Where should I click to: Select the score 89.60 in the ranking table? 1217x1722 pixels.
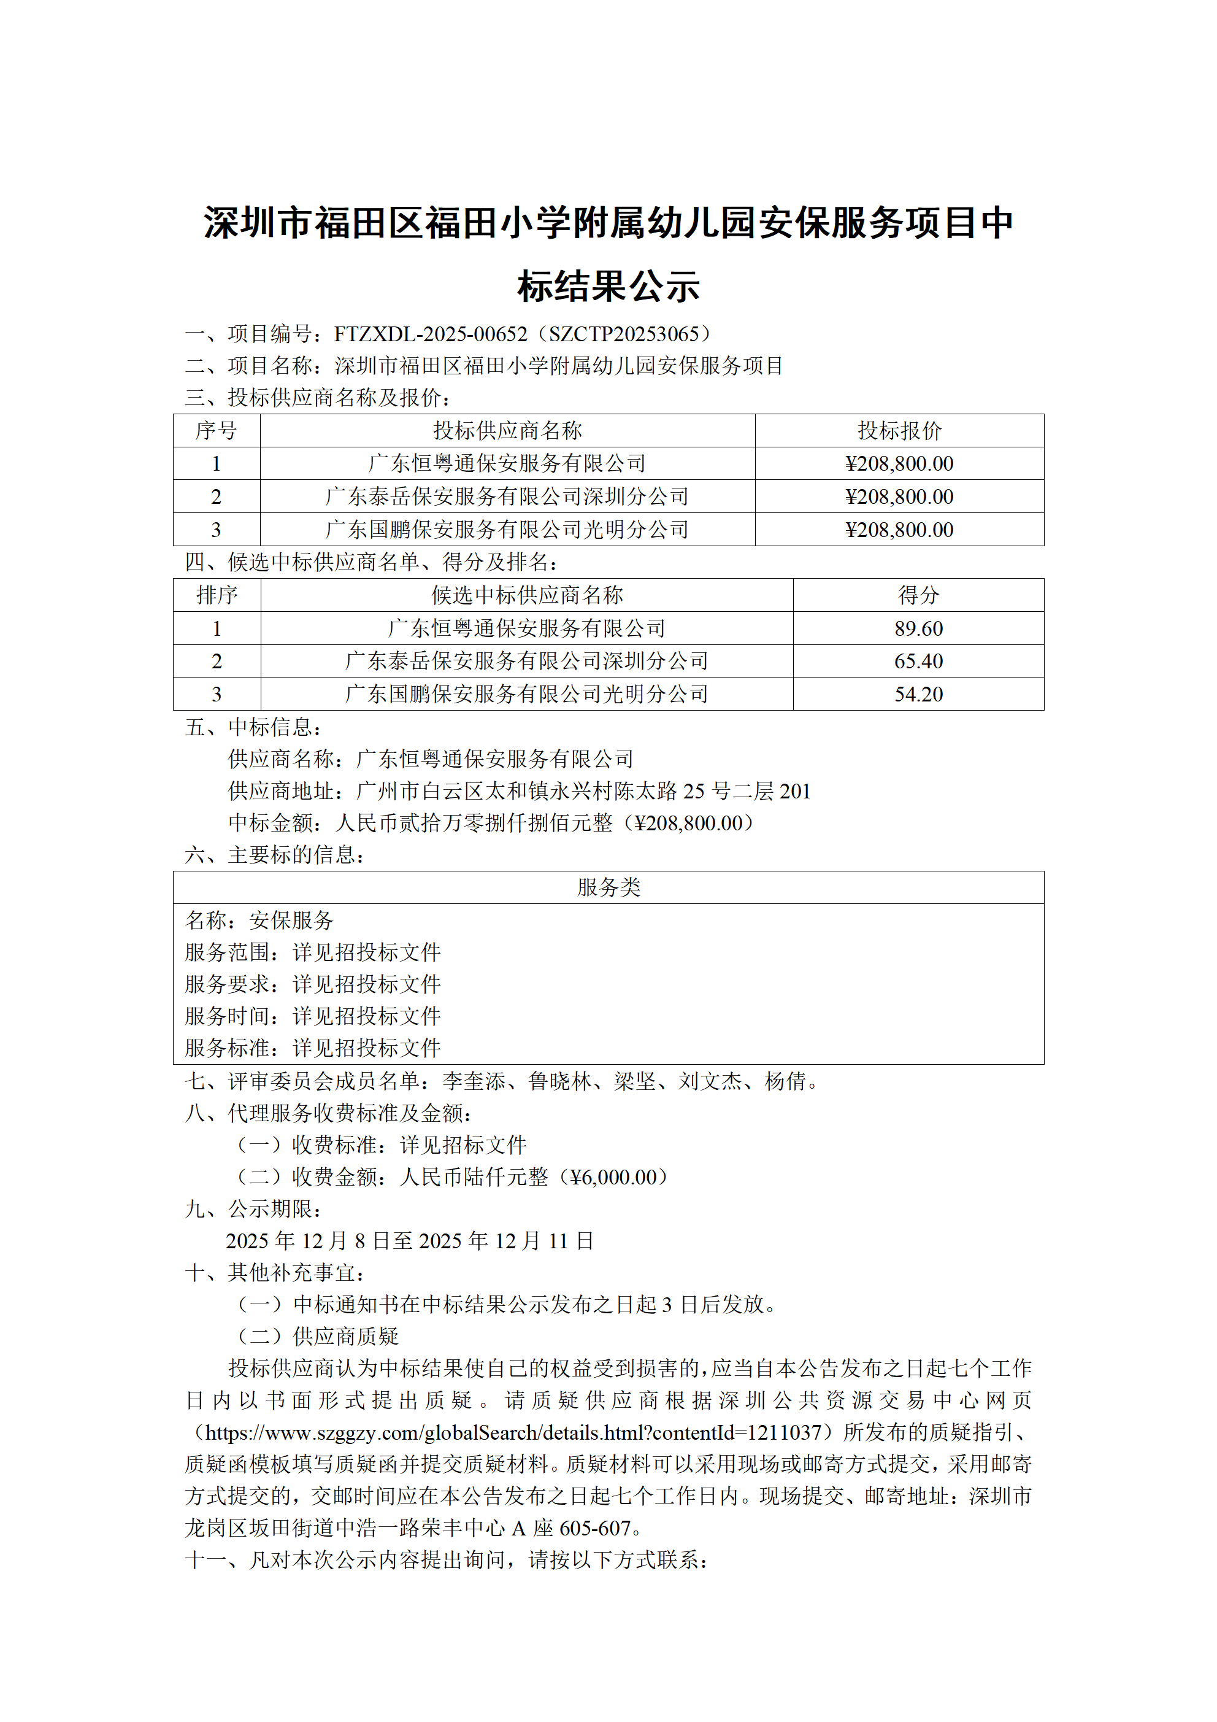(918, 628)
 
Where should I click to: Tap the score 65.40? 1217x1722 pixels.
(918, 662)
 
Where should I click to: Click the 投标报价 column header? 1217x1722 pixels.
(899, 431)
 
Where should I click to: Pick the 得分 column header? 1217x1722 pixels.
(918, 595)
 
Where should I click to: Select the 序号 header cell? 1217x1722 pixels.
(216, 431)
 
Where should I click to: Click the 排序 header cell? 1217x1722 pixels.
(217, 595)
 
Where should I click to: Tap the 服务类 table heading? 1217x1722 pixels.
(608, 888)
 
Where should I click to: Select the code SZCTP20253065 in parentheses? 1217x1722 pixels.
(624, 334)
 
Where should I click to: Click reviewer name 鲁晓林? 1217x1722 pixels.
(559, 1081)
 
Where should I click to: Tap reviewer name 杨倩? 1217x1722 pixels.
(785, 1081)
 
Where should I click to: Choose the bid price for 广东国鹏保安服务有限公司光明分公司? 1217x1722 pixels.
(899, 530)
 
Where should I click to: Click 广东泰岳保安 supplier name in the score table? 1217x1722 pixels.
(526, 662)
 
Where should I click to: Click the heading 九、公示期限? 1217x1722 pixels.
(253, 1210)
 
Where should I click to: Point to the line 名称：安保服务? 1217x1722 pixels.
(259, 921)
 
